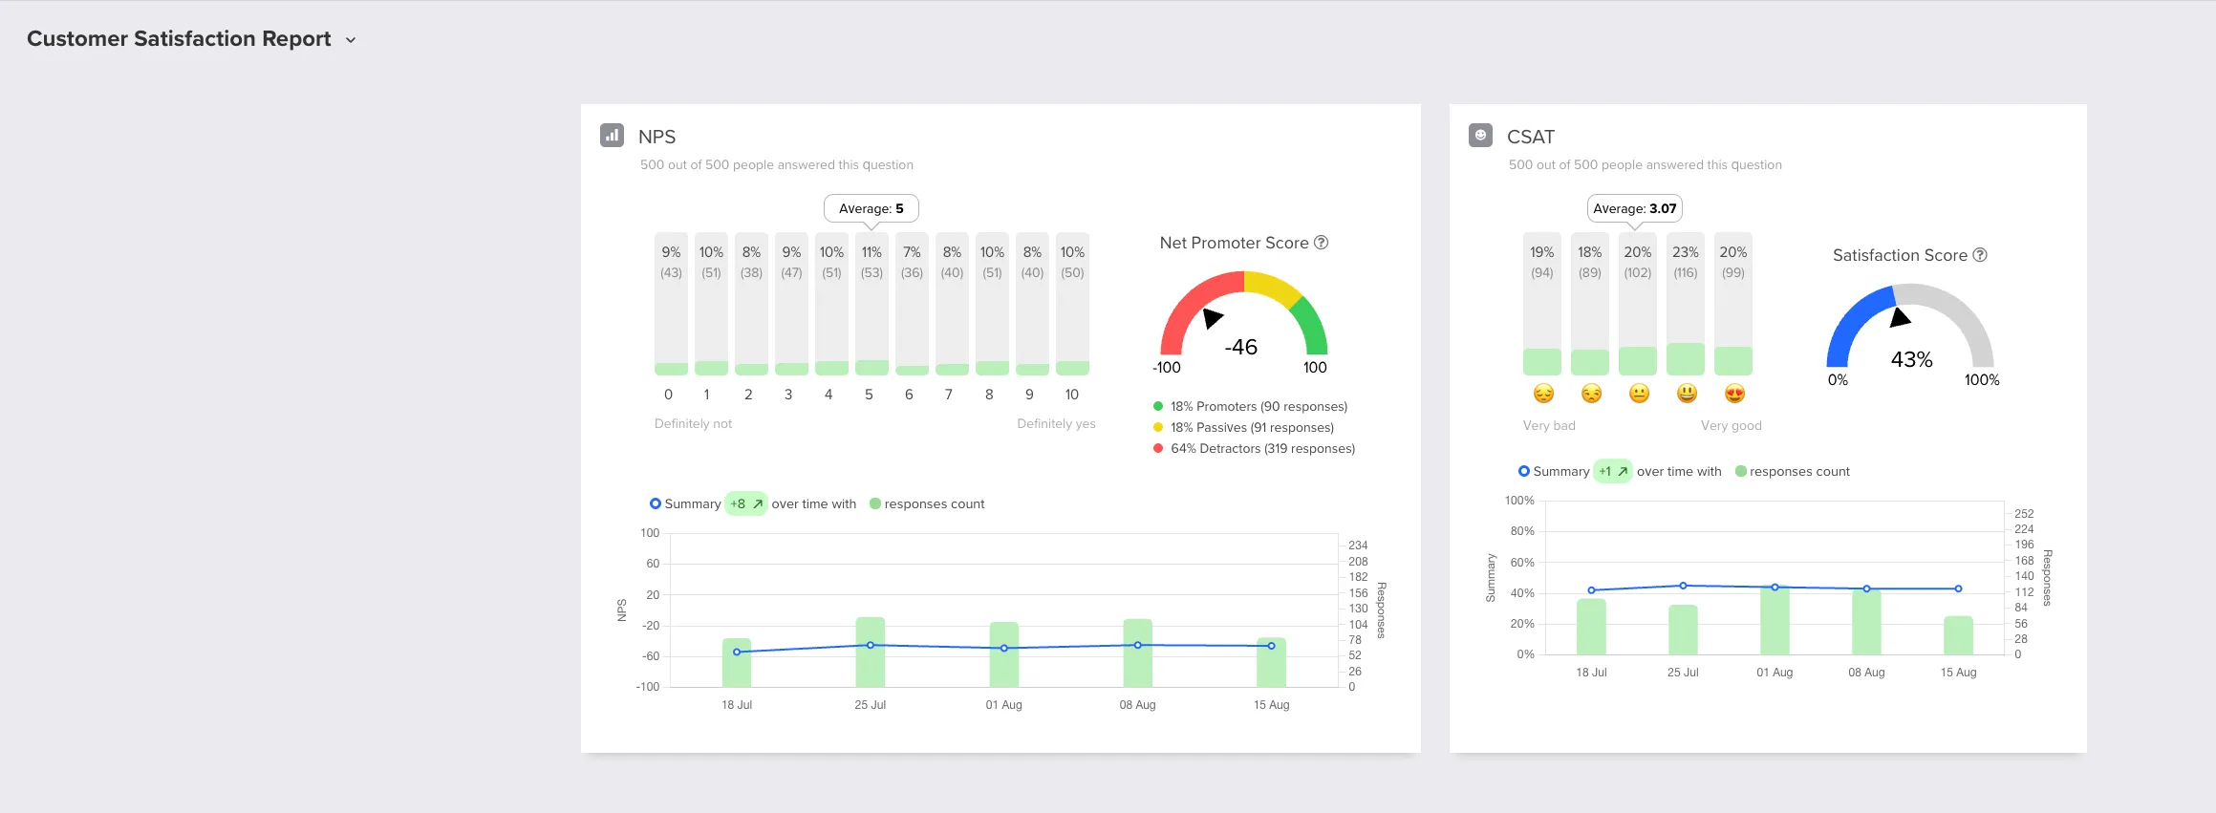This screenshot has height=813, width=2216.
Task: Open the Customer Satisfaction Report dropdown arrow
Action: [351, 40]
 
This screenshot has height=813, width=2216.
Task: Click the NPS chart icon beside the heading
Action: [612, 136]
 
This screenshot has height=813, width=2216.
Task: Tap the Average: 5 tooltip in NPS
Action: [871, 208]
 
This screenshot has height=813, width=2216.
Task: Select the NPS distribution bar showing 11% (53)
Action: [871, 304]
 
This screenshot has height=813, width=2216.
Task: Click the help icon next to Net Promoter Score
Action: [1322, 243]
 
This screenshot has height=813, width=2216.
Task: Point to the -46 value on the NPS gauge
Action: [1241, 347]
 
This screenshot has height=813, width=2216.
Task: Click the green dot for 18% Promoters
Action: [1158, 407]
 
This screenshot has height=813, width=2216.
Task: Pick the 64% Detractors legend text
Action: [1262, 449]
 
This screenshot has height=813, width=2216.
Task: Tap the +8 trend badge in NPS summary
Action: [746, 504]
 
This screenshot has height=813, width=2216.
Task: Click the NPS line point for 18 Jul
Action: [737, 653]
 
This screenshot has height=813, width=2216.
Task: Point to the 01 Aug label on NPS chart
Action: [1003, 705]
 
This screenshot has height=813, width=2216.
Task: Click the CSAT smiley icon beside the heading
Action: [1480, 136]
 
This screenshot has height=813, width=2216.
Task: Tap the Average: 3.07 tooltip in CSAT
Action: [1634, 208]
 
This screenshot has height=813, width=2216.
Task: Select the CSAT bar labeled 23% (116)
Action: [1686, 304]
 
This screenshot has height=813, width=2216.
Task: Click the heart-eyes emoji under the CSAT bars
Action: [1734, 394]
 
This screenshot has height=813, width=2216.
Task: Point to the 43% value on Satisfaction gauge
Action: [1911, 359]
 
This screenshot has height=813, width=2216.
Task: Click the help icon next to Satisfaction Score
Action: [1980, 255]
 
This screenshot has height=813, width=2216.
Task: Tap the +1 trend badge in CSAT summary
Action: [1613, 472]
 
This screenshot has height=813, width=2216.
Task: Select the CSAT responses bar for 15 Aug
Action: [1958, 636]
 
